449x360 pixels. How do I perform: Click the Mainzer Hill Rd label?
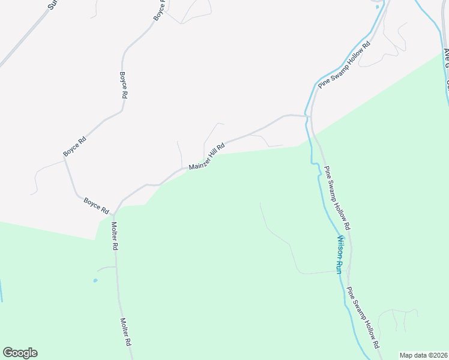(206, 157)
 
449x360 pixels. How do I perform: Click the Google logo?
(20, 353)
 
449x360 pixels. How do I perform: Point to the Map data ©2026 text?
(424, 355)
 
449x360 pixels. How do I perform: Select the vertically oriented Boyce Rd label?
(124, 85)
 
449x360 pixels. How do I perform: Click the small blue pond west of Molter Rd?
(95, 280)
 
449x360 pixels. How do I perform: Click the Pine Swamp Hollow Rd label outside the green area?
(345, 65)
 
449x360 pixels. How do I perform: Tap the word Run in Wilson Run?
(339, 266)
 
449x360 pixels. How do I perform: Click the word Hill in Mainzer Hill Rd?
(212, 154)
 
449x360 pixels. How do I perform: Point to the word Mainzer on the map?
(197, 162)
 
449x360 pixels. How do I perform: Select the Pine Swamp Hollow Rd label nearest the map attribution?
(364, 317)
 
